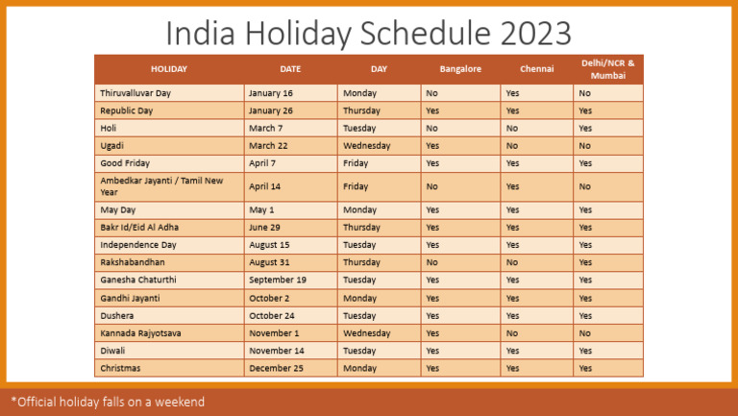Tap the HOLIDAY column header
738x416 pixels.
point(169,69)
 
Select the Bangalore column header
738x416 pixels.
point(460,69)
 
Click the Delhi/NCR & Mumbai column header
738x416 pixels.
point(607,69)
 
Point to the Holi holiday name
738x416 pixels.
point(109,128)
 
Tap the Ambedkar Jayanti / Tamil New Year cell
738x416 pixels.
point(161,185)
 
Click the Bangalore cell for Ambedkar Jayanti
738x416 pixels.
point(432,186)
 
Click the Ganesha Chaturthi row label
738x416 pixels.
point(138,280)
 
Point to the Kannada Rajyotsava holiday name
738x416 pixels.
point(140,332)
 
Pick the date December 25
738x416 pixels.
point(276,368)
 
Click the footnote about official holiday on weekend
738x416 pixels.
point(108,402)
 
